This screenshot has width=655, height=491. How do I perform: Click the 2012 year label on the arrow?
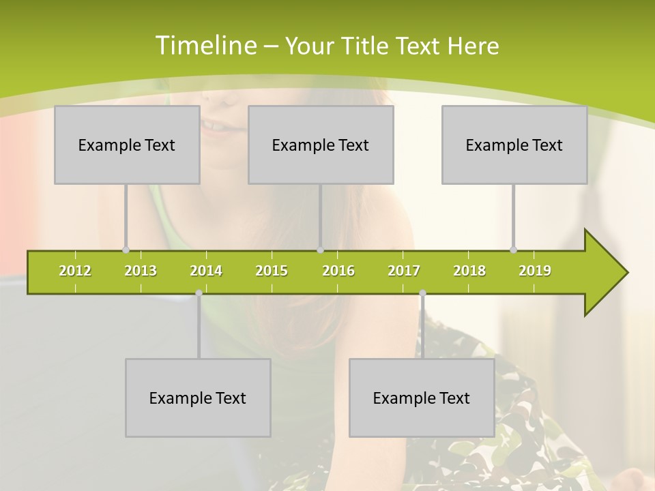point(75,271)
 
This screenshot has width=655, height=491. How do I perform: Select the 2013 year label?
point(141,271)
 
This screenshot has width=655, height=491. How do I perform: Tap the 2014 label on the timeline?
point(206,271)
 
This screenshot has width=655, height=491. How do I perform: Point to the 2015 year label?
point(272,271)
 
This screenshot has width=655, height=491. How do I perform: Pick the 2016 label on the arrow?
point(338,271)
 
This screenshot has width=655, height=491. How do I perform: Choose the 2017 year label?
point(404,271)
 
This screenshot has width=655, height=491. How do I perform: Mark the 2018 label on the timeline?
point(469,271)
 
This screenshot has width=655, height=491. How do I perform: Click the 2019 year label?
point(535,271)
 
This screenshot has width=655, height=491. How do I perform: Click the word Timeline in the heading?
point(205,46)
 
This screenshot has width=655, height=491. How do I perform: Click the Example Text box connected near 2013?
point(127,145)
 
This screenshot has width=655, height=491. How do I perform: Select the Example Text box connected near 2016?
point(321,145)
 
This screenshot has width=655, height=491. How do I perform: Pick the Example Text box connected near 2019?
point(514,145)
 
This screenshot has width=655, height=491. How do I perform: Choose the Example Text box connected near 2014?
point(198,398)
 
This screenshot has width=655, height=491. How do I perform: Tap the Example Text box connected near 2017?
point(422,398)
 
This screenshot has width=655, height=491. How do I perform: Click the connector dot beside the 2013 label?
point(126,250)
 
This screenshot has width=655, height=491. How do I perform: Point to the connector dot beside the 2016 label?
point(320,250)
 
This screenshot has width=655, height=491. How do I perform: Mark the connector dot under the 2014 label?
point(199,293)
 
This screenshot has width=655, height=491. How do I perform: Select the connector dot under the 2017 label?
point(422,293)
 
